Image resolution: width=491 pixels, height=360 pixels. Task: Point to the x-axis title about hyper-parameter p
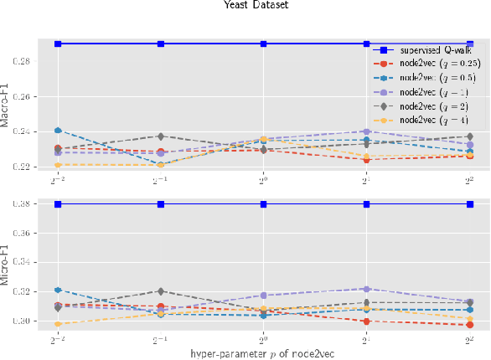pyautogui.click(x=263, y=353)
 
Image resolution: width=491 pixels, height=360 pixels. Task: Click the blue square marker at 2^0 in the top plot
pyautogui.click(x=263, y=44)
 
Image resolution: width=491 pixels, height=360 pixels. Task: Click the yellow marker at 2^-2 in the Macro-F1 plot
pyautogui.click(x=57, y=165)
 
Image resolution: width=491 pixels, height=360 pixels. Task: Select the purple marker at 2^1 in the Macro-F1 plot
pyautogui.click(x=366, y=131)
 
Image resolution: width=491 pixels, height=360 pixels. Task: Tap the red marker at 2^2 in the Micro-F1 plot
pyautogui.click(x=469, y=325)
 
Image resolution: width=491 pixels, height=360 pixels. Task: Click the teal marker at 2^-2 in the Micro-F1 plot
pyautogui.click(x=57, y=290)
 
